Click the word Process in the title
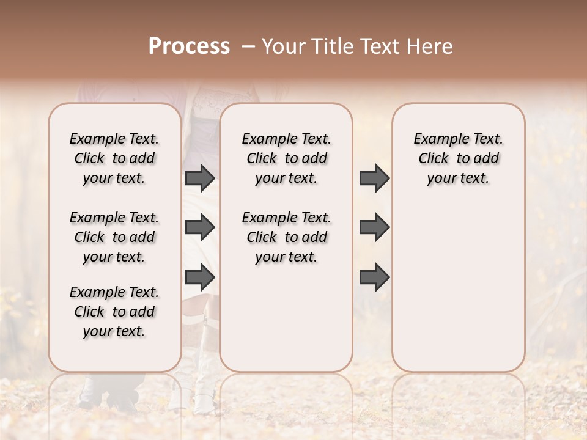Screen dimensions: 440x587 (x=189, y=46)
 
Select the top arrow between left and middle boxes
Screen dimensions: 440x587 (x=200, y=178)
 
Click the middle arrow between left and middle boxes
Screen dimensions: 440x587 (x=200, y=227)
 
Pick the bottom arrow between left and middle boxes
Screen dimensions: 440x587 (x=200, y=277)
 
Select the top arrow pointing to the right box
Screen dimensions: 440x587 (x=374, y=178)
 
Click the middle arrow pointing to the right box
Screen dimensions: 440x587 (x=374, y=227)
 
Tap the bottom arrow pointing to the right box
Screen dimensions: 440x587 (x=374, y=277)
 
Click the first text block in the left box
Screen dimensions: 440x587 (x=114, y=158)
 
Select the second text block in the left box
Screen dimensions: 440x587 (x=114, y=237)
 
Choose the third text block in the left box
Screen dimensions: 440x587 (x=114, y=312)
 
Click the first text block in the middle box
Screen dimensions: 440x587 (x=286, y=158)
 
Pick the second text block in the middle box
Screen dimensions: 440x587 (x=286, y=237)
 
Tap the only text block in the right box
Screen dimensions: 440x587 (x=458, y=158)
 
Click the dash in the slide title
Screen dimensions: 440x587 (x=248, y=46)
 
